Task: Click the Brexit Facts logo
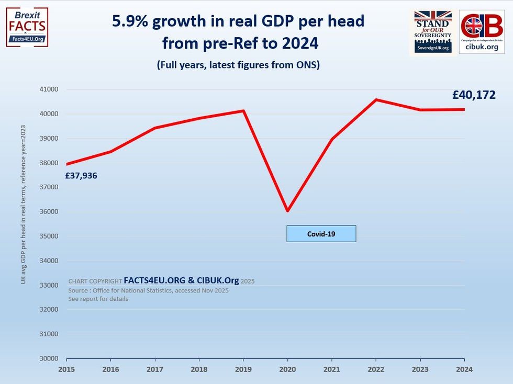click(27, 27)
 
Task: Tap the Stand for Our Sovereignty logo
click(432, 31)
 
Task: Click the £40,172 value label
click(474, 95)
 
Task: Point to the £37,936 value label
click(81, 176)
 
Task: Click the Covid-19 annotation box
click(321, 234)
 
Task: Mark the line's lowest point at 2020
click(287, 211)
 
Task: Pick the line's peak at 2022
click(376, 100)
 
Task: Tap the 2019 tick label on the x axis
click(243, 369)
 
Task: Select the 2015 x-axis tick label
click(66, 369)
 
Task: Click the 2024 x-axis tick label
click(464, 369)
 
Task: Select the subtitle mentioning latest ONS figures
click(238, 65)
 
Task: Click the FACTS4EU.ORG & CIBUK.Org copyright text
click(181, 280)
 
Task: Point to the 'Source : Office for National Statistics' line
click(148, 290)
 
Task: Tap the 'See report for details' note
click(98, 299)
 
